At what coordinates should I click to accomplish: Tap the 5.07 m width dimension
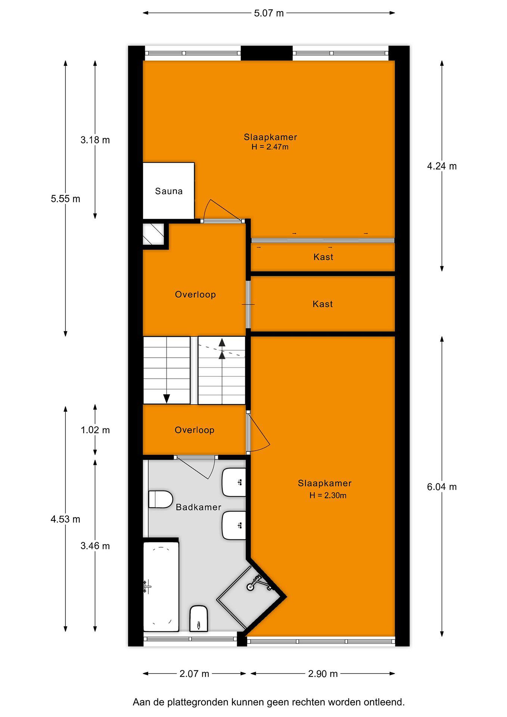[269, 13]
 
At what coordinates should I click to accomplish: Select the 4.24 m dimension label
[442, 166]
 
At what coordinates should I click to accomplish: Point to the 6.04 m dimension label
[442, 486]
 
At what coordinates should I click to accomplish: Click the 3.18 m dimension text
[95, 140]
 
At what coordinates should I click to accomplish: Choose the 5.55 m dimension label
[65, 199]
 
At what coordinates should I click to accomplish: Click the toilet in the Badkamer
[161, 499]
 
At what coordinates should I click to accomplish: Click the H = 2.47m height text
[270, 147]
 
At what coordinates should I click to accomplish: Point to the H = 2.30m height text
[328, 495]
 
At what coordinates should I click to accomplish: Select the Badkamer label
[199, 507]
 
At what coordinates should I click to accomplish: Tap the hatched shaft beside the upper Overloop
[153, 234]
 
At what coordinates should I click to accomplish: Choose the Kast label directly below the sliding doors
[323, 257]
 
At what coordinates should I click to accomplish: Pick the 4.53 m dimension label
[65, 519]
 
